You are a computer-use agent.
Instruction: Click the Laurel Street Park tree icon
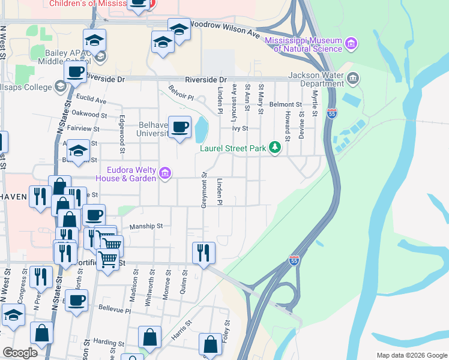(x=275, y=146)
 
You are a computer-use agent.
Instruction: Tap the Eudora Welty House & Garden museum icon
(x=166, y=175)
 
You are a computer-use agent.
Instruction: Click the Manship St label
(x=146, y=226)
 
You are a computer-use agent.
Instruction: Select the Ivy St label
(x=240, y=128)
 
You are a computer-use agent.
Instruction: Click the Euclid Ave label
(x=91, y=101)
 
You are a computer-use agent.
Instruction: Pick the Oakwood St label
(x=89, y=114)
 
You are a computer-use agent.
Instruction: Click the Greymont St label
(x=204, y=191)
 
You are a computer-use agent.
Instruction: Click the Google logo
(x=20, y=353)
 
